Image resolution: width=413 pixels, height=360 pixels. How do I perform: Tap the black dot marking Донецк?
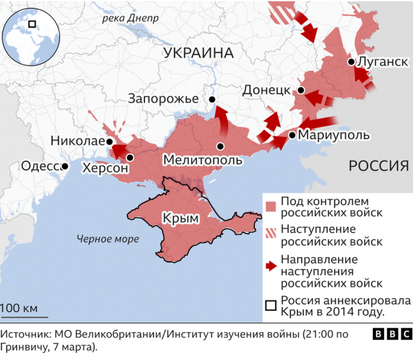(301, 91)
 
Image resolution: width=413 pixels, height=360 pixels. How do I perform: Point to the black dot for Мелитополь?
(221, 146)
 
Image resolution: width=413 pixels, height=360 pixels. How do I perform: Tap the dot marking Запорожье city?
(212, 100)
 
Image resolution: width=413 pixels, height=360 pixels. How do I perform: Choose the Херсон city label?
(105, 169)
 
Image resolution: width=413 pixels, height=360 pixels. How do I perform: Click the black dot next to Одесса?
(64, 166)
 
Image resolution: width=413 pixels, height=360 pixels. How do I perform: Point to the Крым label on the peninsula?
(180, 218)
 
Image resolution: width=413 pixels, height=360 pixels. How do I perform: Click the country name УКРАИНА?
(198, 53)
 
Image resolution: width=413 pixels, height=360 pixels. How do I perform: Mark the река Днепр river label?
(130, 18)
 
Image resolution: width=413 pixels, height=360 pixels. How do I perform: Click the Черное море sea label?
(108, 239)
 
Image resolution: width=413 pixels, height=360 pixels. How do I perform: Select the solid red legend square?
(272, 206)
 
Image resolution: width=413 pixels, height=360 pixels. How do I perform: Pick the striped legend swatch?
(272, 235)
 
